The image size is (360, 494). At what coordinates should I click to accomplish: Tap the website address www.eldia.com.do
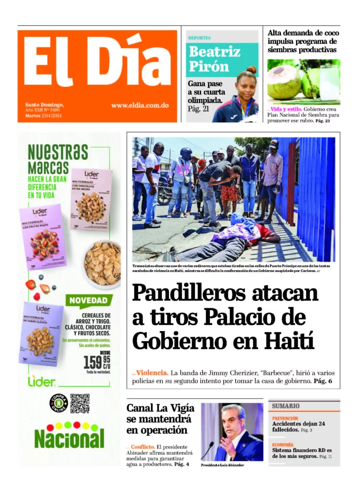(x=139, y=105)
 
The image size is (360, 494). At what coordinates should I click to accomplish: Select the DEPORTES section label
(x=199, y=38)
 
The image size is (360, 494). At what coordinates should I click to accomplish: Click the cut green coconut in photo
(x=285, y=82)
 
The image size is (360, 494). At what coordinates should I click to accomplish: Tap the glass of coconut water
(x=330, y=82)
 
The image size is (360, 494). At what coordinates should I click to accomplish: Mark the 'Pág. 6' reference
(x=323, y=381)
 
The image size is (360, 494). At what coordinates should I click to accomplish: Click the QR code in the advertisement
(x=80, y=403)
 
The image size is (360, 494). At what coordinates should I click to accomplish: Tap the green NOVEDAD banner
(x=88, y=301)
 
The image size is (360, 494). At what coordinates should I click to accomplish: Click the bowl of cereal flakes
(x=103, y=264)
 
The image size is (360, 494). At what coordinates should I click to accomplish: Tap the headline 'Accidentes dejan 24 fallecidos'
(x=298, y=426)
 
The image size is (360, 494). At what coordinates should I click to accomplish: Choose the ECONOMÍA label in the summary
(x=283, y=444)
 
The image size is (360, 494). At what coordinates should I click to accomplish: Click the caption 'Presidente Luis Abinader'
(x=222, y=465)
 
